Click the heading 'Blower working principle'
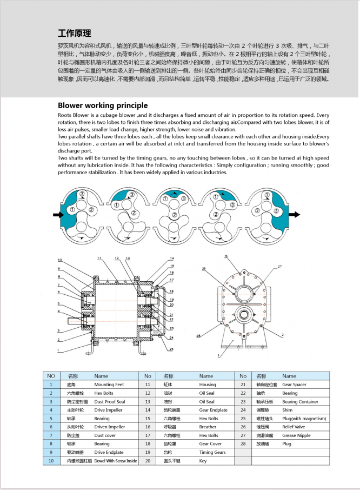coord(102,105)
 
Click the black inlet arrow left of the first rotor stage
coord(58,215)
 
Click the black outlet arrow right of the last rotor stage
coord(295,215)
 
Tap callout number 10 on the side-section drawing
coord(60,260)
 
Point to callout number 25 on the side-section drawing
coord(171,349)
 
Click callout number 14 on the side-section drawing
coord(171,259)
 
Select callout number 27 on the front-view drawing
coord(281,267)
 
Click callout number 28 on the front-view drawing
coord(198,336)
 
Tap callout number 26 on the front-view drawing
coord(204,269)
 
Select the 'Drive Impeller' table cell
coord(108,410)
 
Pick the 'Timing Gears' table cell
coord(212,452)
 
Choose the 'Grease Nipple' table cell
coord(296,435)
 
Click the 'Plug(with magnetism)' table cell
coord(304,419)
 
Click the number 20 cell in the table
coord(148,461)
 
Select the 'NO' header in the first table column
coord(51,376)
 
